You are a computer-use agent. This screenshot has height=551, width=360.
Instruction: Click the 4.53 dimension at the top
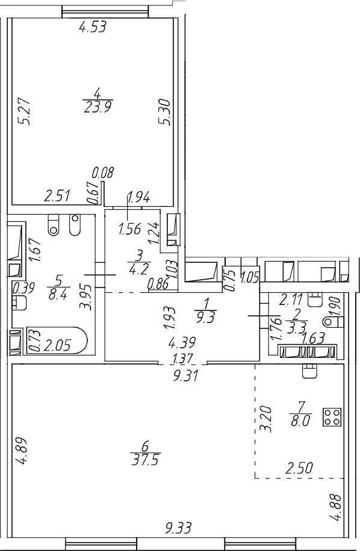tap(93, 26)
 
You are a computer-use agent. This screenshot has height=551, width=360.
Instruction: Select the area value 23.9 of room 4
tap(98, 106)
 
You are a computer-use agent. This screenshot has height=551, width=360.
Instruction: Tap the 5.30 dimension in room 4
tap(164, 112)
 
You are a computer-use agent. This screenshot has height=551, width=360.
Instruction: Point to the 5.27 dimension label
tap(25, 112)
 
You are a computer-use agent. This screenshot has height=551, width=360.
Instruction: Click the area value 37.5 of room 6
tap(145, 460)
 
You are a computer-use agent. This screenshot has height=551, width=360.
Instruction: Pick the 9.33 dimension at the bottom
tap(179, 528)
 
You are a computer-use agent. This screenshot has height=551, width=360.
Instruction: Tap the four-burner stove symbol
tap(332, 417)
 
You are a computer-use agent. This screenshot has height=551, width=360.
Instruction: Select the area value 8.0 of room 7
tap(300, 420)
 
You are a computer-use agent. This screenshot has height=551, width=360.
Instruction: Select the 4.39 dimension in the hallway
tap(182, 342)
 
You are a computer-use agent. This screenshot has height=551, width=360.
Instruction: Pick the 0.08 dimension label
tap(104, 173)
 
